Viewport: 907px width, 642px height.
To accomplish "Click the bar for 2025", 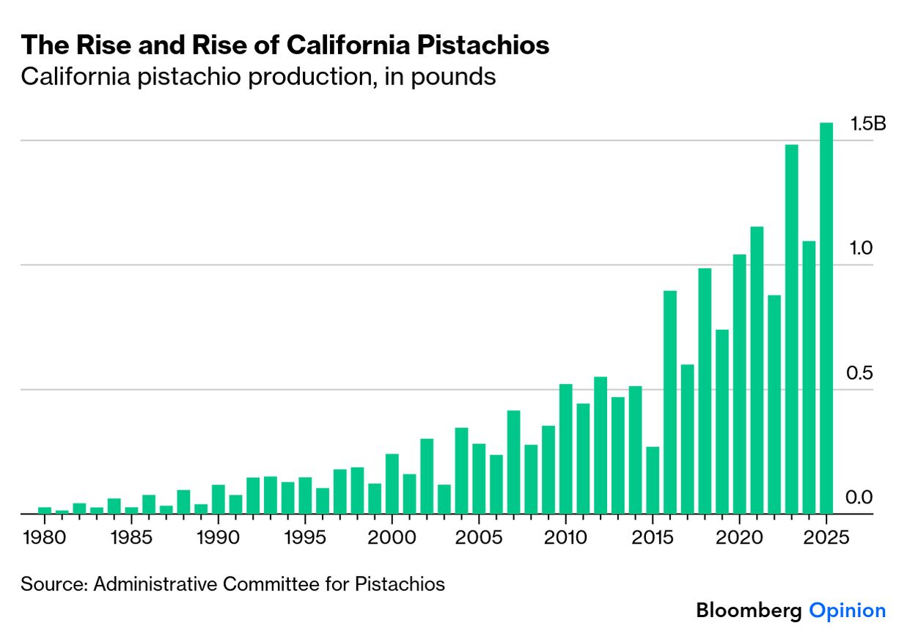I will pyautogui.click(x=826, y=318).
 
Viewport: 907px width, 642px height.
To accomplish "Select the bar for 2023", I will pyautogui.click(x=791, y=329).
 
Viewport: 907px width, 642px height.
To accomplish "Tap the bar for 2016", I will pyautogui.click(x=670, y=402).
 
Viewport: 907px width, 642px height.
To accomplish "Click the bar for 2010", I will pyautogui.click(x=565, y=449).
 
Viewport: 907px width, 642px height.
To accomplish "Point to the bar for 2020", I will pyautogui.click(x=739, y=384).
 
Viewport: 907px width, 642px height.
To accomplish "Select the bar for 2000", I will pyautogui.click(x=392, y=484).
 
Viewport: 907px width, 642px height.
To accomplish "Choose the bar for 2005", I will pyautogui.click(x=479, y=479).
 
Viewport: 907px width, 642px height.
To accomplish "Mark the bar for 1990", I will pyautogui.click(x=219, y=499).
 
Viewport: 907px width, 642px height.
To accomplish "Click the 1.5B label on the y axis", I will pyautogui.click(x=867, y=124).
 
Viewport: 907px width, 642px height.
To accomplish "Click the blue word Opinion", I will pyautogui.click(x=847, y=610).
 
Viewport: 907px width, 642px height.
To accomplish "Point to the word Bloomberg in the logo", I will pyautogui.click(x=749, y=610).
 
